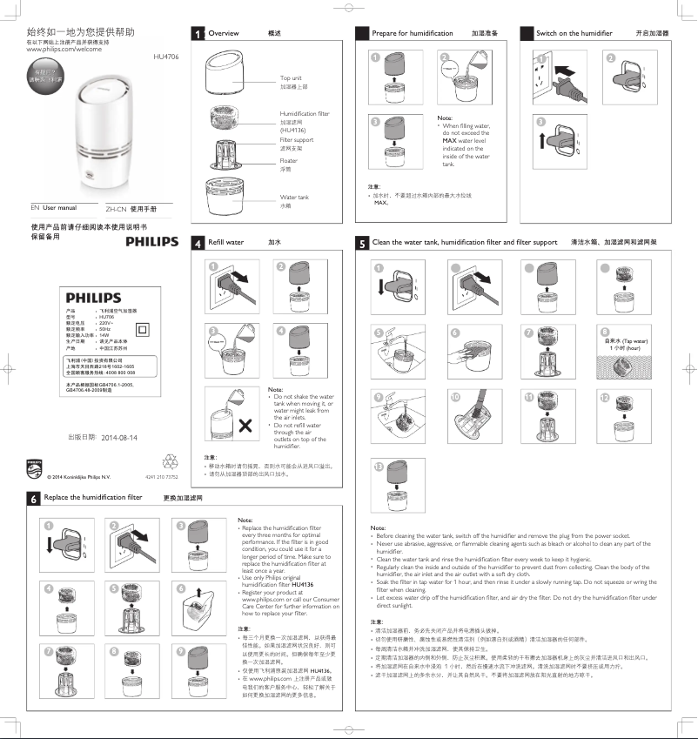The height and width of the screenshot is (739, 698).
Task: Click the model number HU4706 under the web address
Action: pyautogui.click(x=165, y=57)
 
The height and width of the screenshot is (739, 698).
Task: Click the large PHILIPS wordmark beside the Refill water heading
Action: pyautogui.click(x=145, y=241)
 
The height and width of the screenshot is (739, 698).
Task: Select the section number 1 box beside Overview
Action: pyautogui.click(x=200, y=33)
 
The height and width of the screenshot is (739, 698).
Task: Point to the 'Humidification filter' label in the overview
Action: pyautogui.click(x=304, y=114)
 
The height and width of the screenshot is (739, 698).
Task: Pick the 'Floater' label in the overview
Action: pyautogui.click(x=288, y=161)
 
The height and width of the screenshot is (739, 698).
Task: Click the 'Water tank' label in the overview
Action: pyautogui.click(x=293, y=198)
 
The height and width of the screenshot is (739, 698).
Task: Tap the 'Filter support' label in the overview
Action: pyautogui.click(x=296, y=139)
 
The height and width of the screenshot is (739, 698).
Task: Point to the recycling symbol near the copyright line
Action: pyautogui.click(x=170, y=460)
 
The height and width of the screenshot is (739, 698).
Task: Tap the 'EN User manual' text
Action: pyautogui.click(x=54, y=209)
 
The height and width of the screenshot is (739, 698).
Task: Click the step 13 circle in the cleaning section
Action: pyautogui.click(x=377, y=467)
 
